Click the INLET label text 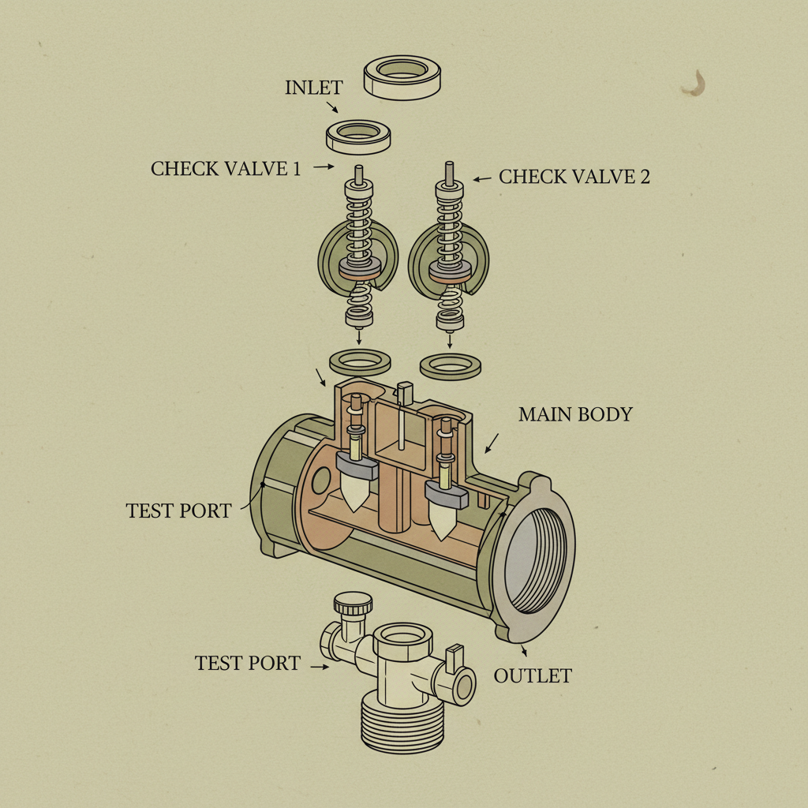pos(315,88)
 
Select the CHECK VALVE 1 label pos(226,168)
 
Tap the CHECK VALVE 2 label pos(574,176)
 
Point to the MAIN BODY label pos(575,414)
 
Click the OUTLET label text pos(533,675)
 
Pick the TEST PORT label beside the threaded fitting pos(248,663)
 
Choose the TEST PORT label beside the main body pos(179,511)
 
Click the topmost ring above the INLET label pos(402,78)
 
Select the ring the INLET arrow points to pos(359,137)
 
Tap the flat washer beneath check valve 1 pos(360,361)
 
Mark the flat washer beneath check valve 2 pos(451,365)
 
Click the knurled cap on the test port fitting pos(352,606)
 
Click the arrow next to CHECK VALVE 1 pos(324,167)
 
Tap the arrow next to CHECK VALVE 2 pos(482,179)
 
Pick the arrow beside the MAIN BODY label pos(491,443)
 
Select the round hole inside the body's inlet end pos(320,480)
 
